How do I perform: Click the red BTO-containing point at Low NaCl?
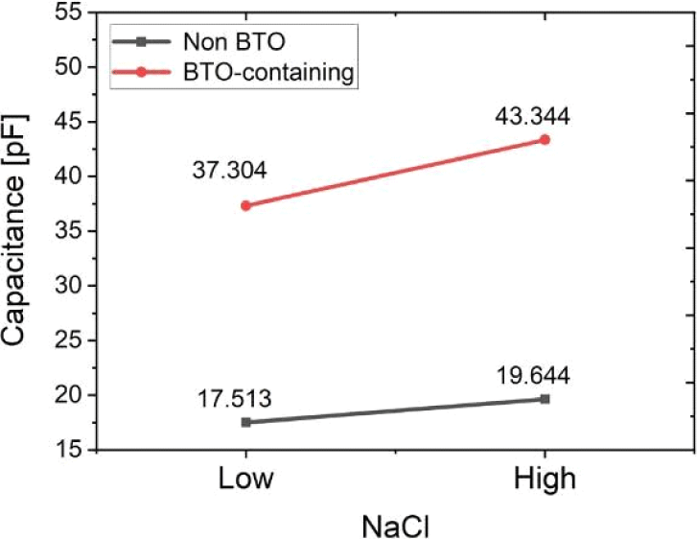tap(246, 205)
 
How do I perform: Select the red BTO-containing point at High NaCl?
tap(545, 139)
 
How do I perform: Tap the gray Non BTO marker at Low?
tap(246, 422)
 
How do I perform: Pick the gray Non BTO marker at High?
tap(545, 399)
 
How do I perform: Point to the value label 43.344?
tap(533, 117)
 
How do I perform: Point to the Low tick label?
tap(246, 478)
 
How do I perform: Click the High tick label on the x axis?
tap(545, 478)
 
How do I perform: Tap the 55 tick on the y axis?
tap(67, 13)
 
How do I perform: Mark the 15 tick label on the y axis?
tap(67, 450)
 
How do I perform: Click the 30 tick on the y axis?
tap(67, 286)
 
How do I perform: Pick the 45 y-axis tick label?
tap(67, 122)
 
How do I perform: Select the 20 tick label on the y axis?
tap(67, 395)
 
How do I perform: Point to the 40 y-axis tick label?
tap(67, 176)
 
